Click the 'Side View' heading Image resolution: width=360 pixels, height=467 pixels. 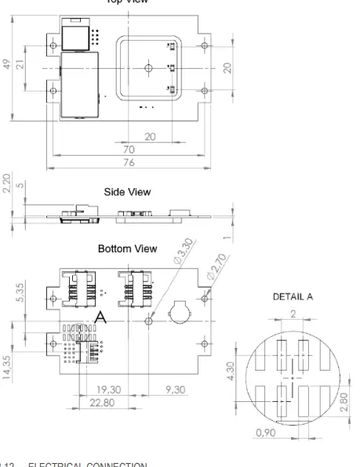coord(131,190)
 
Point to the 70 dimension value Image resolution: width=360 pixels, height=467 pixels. coord(129,148)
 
